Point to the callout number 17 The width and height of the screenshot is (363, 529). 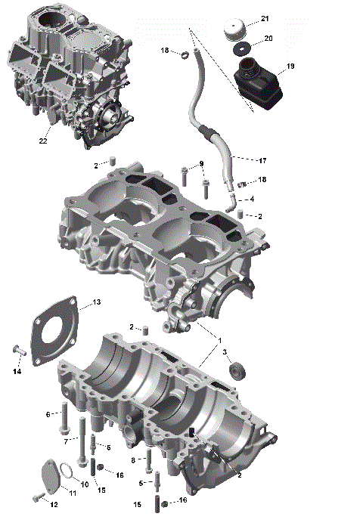[x=262, y=160]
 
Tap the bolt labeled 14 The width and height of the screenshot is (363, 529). [x=18, y=350]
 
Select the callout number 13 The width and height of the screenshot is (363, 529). [x=96, y=302]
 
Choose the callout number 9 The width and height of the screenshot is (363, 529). [x=201, y=165]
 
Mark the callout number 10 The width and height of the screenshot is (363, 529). [x=85, y=484]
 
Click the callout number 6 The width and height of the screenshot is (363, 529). [x=49, y=413]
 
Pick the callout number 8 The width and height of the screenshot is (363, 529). [x=133, y=459]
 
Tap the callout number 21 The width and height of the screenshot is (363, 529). [x=265, y=17]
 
